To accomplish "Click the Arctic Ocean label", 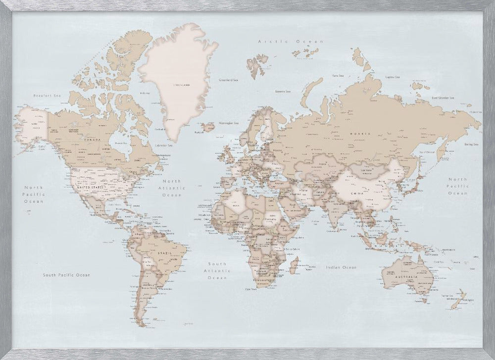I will [x=283, y=43].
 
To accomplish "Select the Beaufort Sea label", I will [x=43, y=95].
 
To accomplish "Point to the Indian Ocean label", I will [x=341, y=267].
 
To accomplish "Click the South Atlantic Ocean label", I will [x=217, y=271].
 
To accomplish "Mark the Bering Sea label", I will [x=471, y=144].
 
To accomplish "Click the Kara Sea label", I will [x=338, y=76].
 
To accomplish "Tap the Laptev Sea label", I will [x=393, y=77].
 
